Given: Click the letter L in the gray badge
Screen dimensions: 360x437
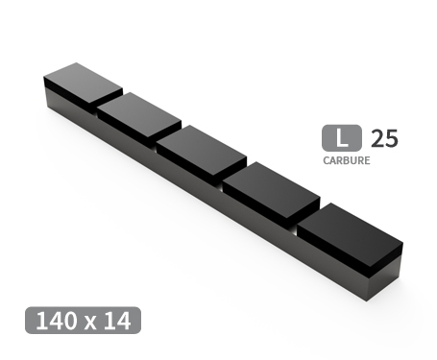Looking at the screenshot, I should tap(341, 138).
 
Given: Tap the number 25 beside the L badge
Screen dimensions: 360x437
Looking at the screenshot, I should tap(384, 138).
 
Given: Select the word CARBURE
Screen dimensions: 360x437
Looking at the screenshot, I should tap(346, 160).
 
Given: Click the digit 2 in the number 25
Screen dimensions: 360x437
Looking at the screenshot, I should tap(377, 138).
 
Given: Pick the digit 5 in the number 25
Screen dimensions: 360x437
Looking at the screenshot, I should tap(391, 138).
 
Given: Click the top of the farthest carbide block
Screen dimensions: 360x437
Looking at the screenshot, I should tap(84, 82).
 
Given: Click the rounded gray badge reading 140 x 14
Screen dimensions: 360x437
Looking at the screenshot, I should tap(84, 321).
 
